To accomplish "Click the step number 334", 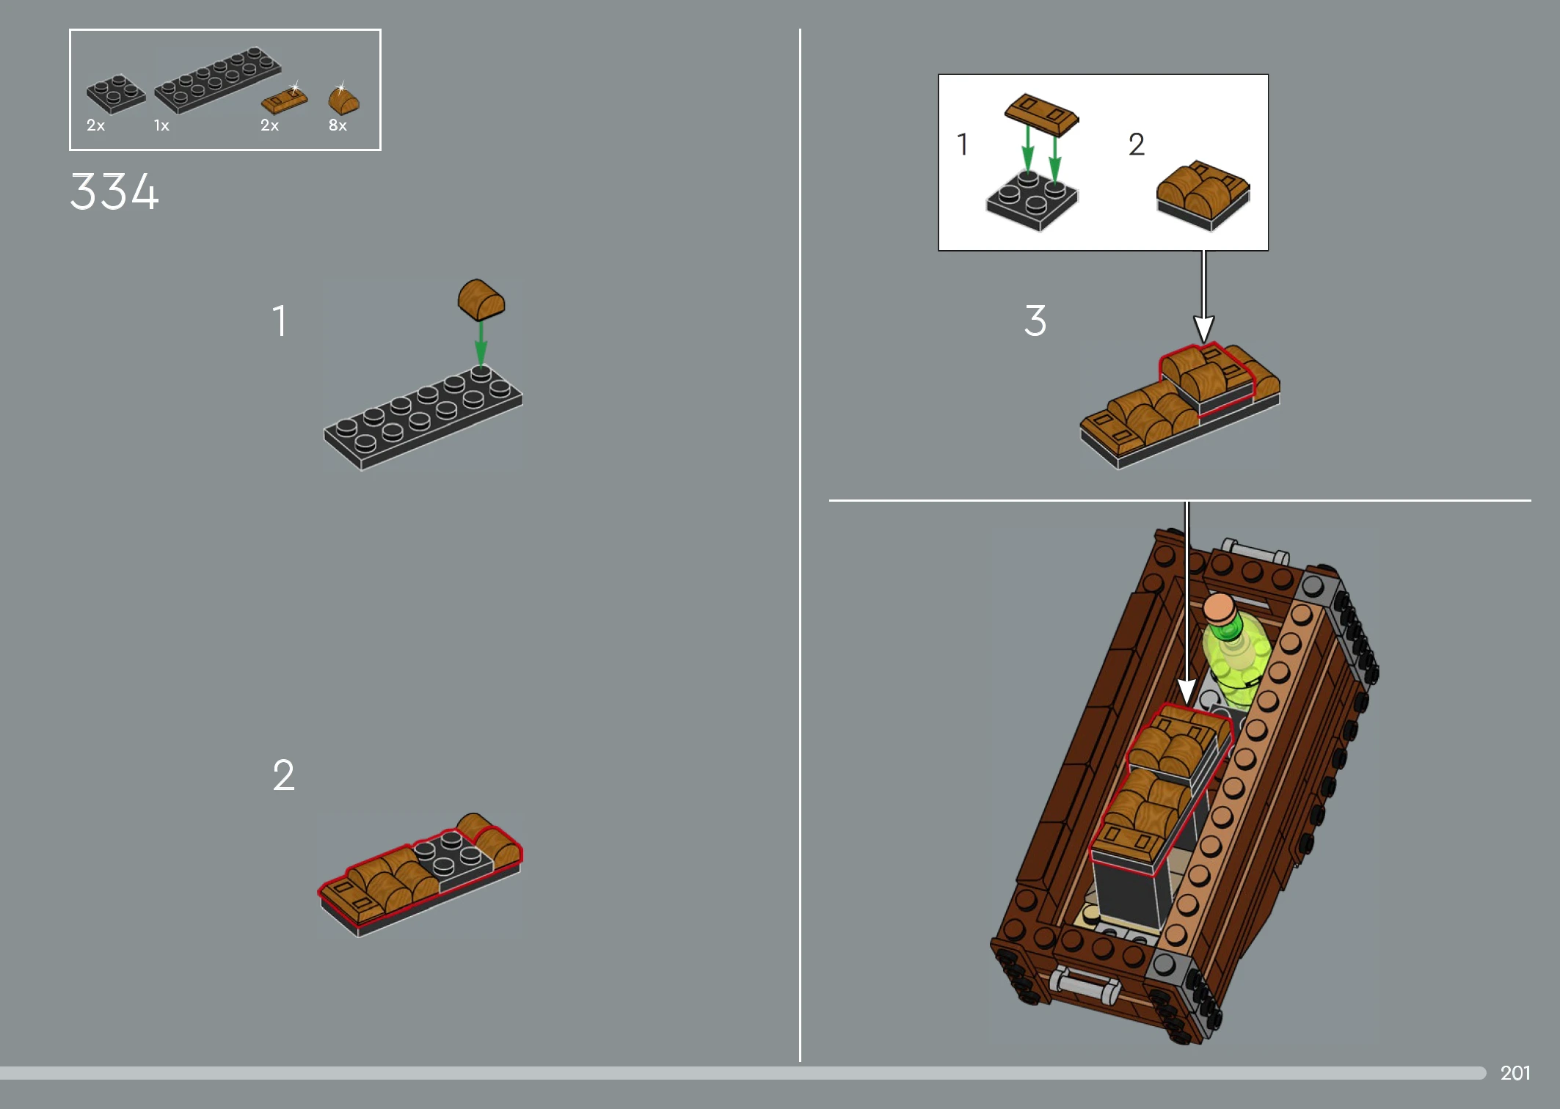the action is (x=114, y=191).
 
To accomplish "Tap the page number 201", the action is (x=1515, y=1073).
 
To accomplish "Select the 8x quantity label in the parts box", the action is (x=338, y=125).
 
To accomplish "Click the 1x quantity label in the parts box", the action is (x=161, y=125).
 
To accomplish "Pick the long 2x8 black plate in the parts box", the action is (x=217, y=80).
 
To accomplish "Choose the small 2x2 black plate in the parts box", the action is (x=116, y=94).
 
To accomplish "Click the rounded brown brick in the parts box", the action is (x=343, y=99).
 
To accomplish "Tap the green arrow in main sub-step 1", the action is (x=481, y=343).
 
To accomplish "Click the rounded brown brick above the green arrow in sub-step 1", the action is (x=481, y=299).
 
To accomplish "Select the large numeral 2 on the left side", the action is (x=284, y=775).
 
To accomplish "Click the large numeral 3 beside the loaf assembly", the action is (x=1035, y=321).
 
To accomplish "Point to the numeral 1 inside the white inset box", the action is (x=963, y=144).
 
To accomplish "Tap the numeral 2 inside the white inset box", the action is (x=1137, y=144).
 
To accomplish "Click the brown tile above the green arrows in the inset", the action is (x=1041, y=114).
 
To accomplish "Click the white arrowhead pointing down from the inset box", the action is (x=1203, y=329).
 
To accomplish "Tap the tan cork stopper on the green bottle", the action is (x=1220, y=609).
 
